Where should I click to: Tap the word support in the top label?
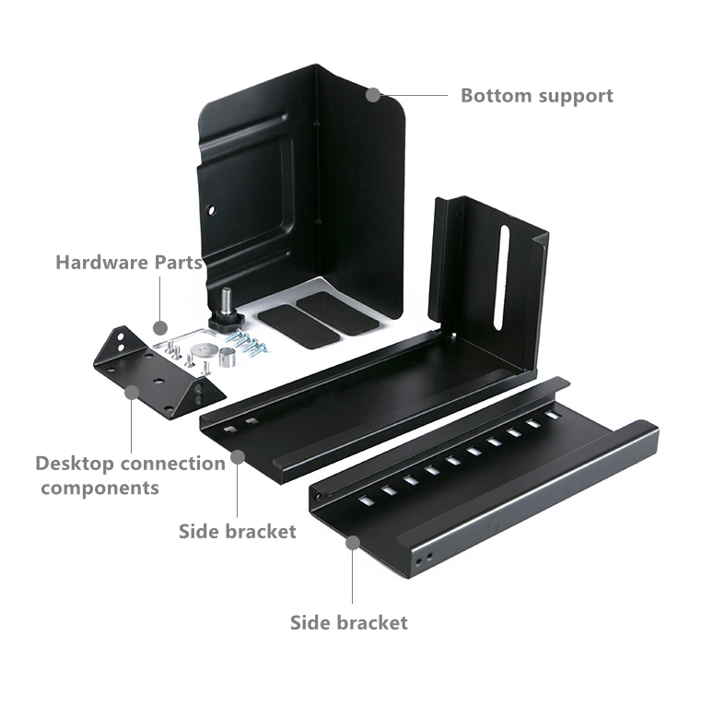pos(576,97)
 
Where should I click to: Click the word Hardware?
pos(102,263)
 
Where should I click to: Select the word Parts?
pos(179,263)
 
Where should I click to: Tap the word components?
pos(100,489)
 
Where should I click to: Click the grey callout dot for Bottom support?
pos(373,95)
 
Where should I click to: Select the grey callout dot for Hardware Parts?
pos(160,328)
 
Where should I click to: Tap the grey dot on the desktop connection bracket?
pos(132,393)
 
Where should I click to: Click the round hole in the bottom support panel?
pos(211,210)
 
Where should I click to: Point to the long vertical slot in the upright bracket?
pos(501,277)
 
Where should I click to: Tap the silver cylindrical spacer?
pos(228,358)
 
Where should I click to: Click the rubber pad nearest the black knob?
pos(298,326)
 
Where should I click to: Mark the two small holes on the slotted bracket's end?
pos(425,558)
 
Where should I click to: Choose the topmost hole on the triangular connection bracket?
pos(121,336)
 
